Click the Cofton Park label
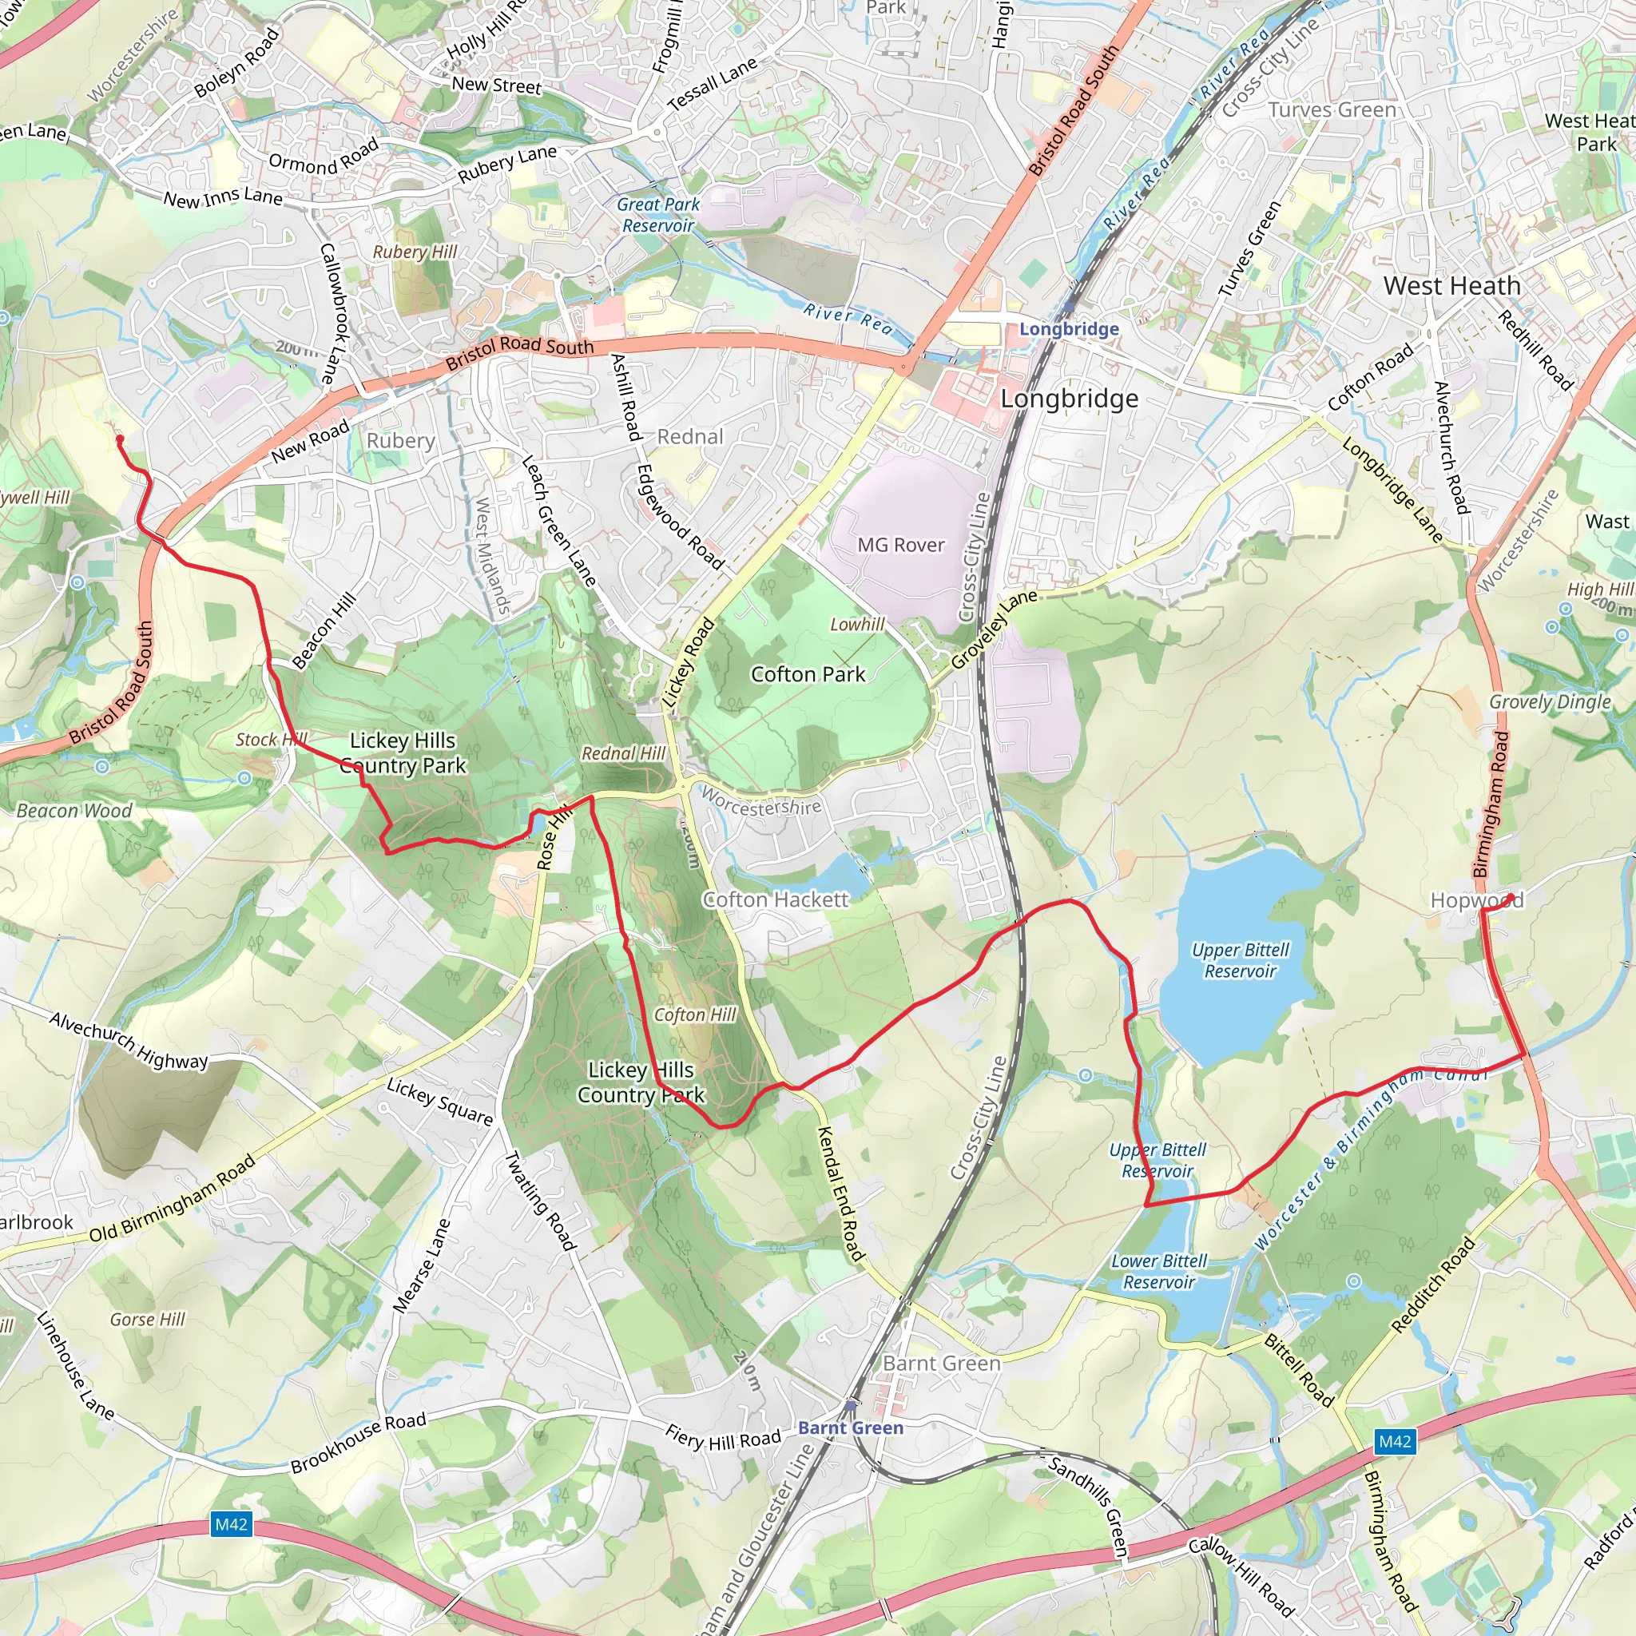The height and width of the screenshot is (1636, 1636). (808, 675)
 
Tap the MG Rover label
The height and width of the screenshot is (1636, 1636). (901, 546)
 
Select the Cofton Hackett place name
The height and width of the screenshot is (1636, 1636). (776, 900)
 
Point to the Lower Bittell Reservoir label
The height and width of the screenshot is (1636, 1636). (1159, 1272)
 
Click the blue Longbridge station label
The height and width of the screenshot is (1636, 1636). (1069, 329)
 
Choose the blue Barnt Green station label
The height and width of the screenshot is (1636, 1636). (850, 1428)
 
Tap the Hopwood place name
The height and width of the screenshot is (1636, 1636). (1476, 901)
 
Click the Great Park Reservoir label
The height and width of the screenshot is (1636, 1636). (658, 215)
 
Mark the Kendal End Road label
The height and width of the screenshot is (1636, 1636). (841, 1194)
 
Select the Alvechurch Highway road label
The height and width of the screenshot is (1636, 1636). (129, 1041)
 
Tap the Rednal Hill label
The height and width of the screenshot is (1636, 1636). (623, 753)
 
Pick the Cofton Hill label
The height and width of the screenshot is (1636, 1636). (695, 1015)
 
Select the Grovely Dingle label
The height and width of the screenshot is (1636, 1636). (1550, 702)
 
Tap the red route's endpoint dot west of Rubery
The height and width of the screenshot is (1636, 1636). (119, 439)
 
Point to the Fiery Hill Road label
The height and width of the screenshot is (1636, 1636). (723, 1438)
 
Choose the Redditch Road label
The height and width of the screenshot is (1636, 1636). (1433, 1285)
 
